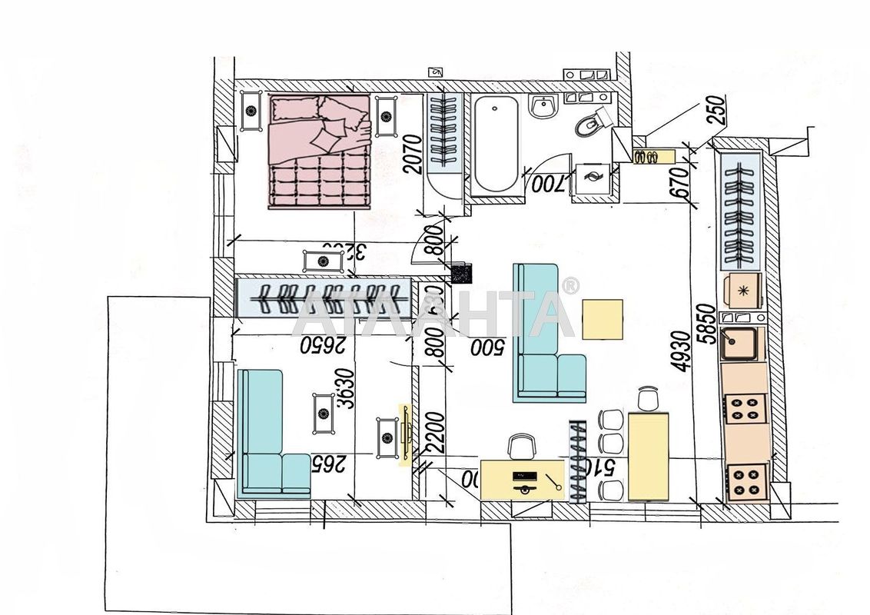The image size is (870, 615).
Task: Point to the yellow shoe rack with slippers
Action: pyautogui.click(x=653, y=157)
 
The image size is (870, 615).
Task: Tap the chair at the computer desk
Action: pyautogui.click(x=521, y=445)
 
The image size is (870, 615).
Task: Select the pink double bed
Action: pyautogui.click(x=319, y=150)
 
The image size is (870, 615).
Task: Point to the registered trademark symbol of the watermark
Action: pyautogui.click(x=570, y=286)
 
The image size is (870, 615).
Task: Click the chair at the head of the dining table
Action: pyautogui.click(x=649, y=398)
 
